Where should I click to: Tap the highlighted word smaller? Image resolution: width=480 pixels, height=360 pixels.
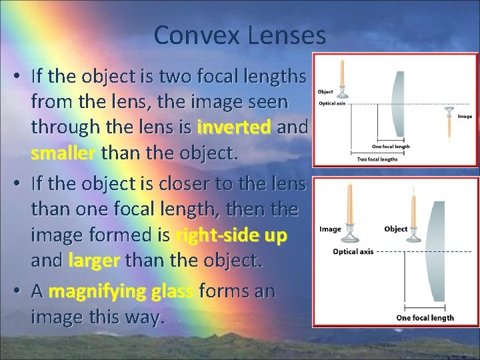coord(64,153)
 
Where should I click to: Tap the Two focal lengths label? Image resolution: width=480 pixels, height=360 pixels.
coord(377,159)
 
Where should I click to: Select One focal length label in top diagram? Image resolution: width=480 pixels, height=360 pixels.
coord(391,147)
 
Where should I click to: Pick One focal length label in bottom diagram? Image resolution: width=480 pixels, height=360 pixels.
coord(425,317)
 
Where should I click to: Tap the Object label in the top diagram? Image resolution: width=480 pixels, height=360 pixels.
coord(325,92)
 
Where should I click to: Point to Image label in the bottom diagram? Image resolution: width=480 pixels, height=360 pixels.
coord(331,229)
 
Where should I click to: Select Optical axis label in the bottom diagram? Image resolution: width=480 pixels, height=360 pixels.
coord(353,251)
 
